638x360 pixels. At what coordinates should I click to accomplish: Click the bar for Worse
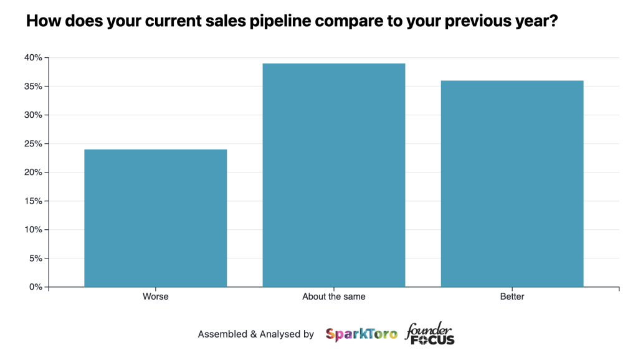pos(155,218)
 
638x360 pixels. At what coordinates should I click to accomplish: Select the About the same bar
pos(334,175)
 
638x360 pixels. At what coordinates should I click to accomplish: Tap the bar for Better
pos(512,184)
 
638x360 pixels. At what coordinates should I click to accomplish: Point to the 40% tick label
pos(34,58)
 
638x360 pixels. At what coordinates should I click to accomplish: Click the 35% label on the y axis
pos(34,87)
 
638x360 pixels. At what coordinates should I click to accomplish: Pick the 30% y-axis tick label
pos(34,115)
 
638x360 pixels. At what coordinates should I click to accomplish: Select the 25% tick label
pos(34,144)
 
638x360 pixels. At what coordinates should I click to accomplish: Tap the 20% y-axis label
pos(34,173)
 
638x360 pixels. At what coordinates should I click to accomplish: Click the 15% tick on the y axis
pos(34,201)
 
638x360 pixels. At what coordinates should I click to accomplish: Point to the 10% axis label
pos(34,230)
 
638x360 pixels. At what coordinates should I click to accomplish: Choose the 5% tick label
pos(36,258)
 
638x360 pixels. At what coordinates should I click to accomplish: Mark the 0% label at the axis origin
pos(36,287)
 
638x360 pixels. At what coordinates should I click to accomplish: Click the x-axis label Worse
pos(155,296)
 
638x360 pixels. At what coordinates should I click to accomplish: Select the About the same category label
pos(334,296)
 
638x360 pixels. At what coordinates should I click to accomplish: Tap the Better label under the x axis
pos(512,296)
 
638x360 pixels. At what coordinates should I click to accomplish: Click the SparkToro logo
pos(361,334)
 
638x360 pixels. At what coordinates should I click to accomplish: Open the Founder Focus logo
pos(430,334)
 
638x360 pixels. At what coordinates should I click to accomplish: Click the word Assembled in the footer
pos(222,334)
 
